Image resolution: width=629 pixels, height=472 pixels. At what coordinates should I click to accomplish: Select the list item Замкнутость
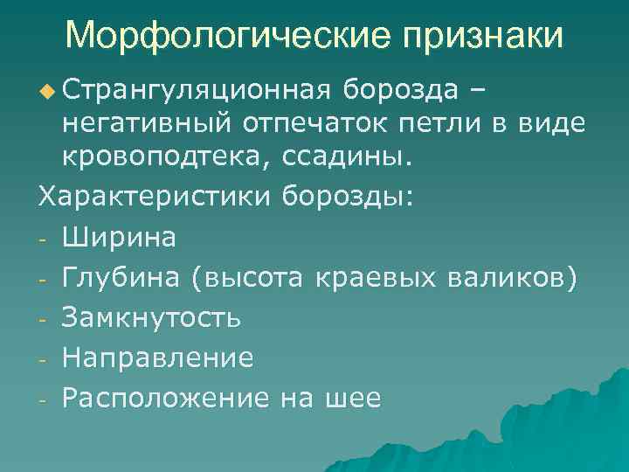tap(151, 317)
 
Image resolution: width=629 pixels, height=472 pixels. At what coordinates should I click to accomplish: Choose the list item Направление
tap(158, 357)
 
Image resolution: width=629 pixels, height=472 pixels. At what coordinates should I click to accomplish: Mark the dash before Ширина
tap(42, 237)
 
